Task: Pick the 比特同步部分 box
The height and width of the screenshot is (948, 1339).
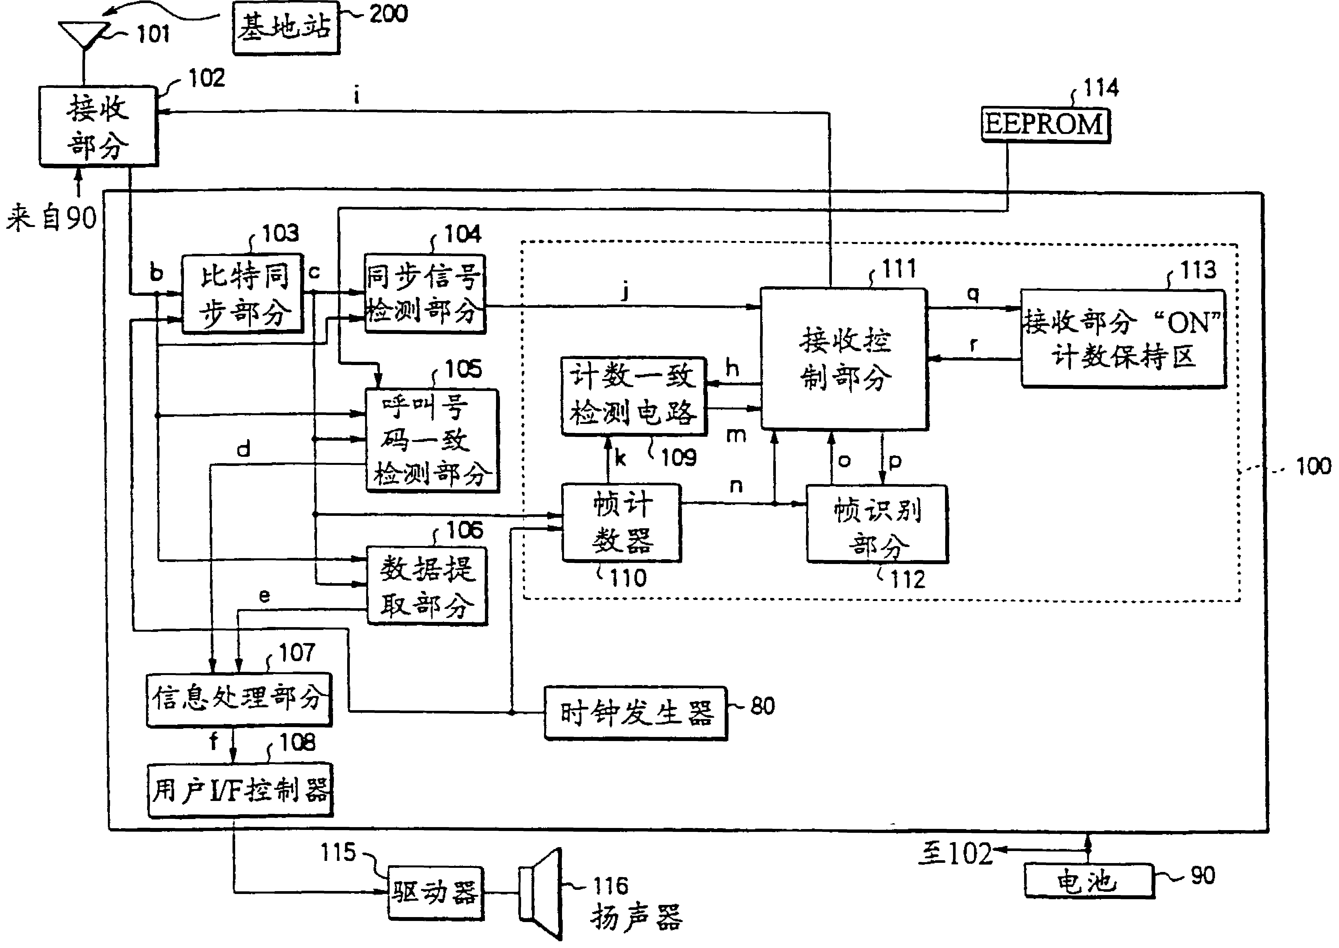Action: [x=242, y=294]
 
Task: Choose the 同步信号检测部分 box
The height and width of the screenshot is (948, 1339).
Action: [x=425, y=294]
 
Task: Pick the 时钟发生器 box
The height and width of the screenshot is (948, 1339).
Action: [x=635, y=713]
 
